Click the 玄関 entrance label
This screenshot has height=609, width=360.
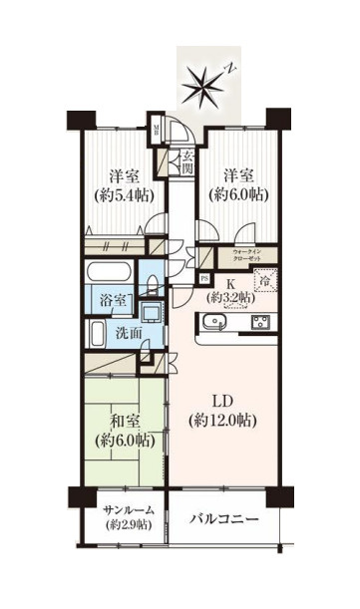187,160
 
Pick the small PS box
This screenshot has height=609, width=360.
204,278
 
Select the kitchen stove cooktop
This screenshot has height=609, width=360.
261,321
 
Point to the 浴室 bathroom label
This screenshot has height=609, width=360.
110,298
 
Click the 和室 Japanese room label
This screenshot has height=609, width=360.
122,418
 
